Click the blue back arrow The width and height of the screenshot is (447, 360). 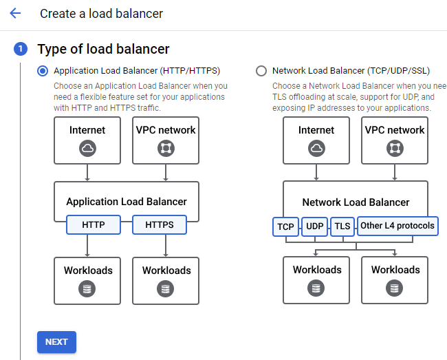click(15, 13)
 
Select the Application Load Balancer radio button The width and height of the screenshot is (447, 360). click(43, 71)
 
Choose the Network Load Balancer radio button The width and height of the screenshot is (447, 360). click(261, 71)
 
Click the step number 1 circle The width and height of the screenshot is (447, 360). click(21, 49)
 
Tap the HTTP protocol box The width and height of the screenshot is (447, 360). click(94, 225)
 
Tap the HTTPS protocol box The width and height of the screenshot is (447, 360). click(160, 225)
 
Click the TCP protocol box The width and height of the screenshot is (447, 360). click(285, 226)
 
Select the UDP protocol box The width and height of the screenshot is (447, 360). click(315, 226)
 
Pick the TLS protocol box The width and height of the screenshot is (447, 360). click(342, 226)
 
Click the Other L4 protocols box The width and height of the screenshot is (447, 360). click(397, 226)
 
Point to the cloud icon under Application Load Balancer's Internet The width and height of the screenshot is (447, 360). click(87, 148)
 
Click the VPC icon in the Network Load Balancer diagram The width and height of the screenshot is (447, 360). click(395, 148)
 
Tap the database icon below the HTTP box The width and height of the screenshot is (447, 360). click(87, 288)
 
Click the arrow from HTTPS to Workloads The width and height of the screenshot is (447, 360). click(166, 246)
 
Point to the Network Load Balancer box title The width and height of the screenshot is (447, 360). click(356, 202)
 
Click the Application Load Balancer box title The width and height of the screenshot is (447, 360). click(127, 202)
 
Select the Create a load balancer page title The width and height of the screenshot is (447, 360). click(102, 13)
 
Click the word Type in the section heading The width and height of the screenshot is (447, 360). click(52, 49)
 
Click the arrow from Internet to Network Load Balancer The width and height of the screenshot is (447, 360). click(316, 172)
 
